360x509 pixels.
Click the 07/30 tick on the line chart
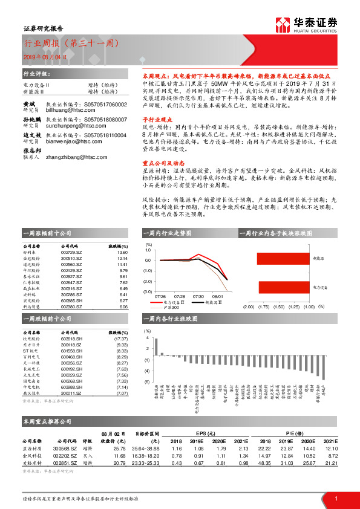(x=198, y=296)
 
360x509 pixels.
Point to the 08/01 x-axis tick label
(x=217, y=296)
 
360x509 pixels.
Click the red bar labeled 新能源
(x=283, y=259)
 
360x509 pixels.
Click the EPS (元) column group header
(x=206, y=433)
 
